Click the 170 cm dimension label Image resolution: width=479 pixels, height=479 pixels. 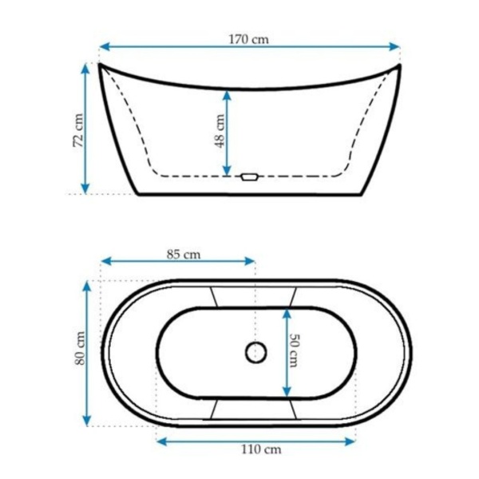(248, 39)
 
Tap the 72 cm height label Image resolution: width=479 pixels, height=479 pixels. (78, 130)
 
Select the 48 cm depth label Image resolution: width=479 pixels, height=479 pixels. (220, 131)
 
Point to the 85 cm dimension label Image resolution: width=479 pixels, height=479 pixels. (184, 254)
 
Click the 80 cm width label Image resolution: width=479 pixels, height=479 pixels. (80, 348)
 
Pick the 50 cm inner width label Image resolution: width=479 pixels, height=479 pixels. (295, 350)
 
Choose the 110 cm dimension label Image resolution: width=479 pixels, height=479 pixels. (261, 449)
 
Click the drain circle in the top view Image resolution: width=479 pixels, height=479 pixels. (256, 353)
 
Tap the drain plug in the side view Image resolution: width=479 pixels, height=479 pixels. (250, 177)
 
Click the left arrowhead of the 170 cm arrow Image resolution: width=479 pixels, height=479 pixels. (105, 47)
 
